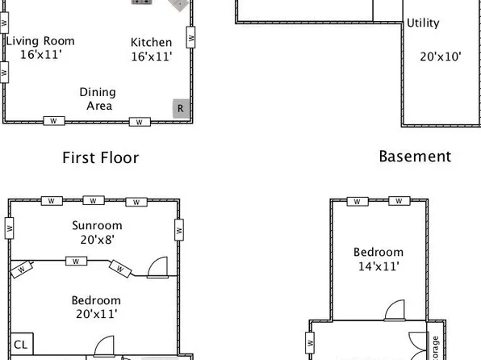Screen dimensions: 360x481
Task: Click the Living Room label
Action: [x=40, y=41]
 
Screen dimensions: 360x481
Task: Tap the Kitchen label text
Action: [x=151, y=43]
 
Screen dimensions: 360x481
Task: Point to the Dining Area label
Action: [x=98, y=92]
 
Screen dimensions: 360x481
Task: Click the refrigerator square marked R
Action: [x=181, y=108]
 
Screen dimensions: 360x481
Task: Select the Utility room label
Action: [x=423, y=23]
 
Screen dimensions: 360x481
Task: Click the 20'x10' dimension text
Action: [x=440, y=57]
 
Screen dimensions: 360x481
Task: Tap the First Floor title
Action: [x=101, y=157]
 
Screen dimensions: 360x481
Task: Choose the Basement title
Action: [x=415, y=156]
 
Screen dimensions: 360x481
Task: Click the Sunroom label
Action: [x=96, y=225]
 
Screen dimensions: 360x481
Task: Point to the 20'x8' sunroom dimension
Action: [x=96, y=239]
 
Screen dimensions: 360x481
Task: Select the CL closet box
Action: [x=20, y=342]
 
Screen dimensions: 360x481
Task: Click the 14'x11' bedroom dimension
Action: [x=379, y=265]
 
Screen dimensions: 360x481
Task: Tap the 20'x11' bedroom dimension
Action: [x=96, y=314]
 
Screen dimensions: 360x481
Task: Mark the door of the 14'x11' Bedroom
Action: [x=394, y=310]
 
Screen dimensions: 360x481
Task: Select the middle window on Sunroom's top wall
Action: [x=93, y=200]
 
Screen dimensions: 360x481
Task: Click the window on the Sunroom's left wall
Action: [x=10, y=228]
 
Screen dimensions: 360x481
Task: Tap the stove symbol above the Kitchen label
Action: [x=142, y=2]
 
